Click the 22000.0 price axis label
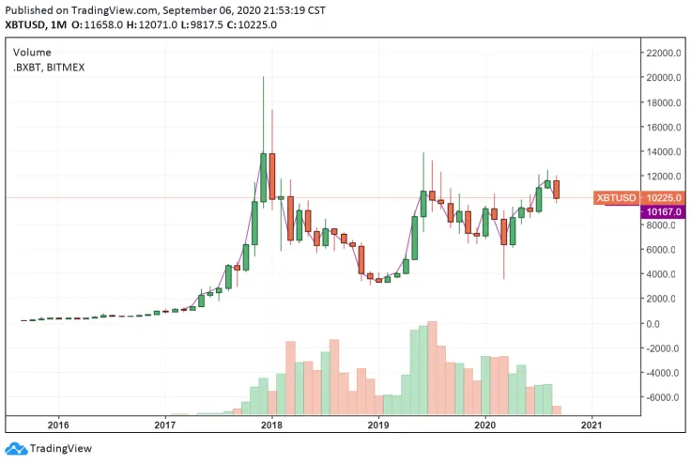click(x=661, y=54)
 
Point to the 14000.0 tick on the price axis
click(x=661, y=152)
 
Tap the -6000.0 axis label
click(x=661, y=398)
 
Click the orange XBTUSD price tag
click(x=617, y=198)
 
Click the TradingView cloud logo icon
click(x=15, y=449)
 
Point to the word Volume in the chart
click(x=32, y=53)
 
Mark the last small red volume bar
click(x=557, y=410)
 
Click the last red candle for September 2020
click(x=557, y=189)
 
